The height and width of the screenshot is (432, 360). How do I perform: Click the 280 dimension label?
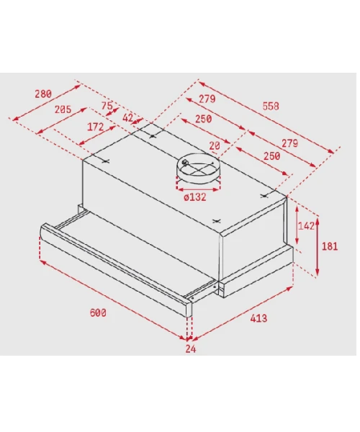pyautogui.click(x=43, y=94)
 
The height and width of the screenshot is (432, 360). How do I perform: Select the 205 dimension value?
pyautogui.click(x=63, y=109)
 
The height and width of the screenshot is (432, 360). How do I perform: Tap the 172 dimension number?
pyautogui.click(x=95, y=127)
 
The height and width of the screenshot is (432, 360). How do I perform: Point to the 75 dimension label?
pyautogui.click(x=107, y=106)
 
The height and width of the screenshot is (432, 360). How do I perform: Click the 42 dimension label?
pyautogui.click(x=127, y=118)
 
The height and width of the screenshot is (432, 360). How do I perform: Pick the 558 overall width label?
pyautogui.click(x=271, y=106)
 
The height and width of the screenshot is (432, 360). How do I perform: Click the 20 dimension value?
pyautogui.click(x=215, y=145)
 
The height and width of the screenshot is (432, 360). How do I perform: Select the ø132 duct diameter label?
pyautogui.click(x=194, y=197)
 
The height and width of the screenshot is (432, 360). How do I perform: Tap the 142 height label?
pyautogui.click(x=306, y=226)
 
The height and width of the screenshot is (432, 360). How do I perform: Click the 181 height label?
pyautogui.click(x=330, y=246)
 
